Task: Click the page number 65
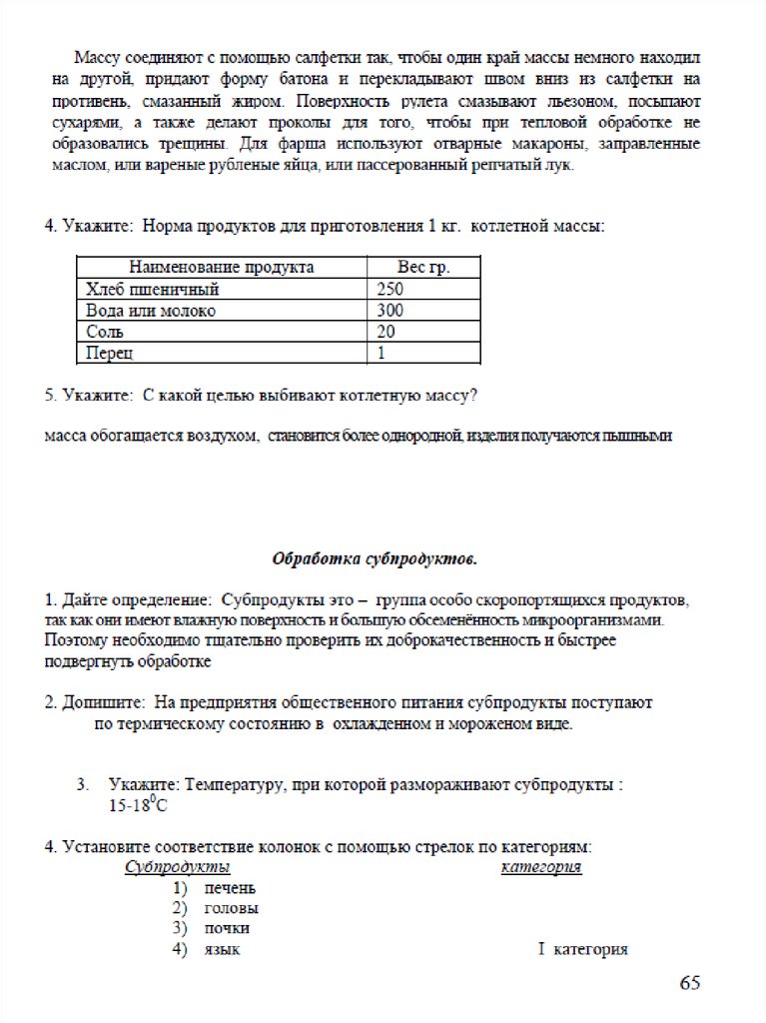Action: pos(690,983)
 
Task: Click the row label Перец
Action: pos(109,353)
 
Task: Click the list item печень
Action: pos(230,887)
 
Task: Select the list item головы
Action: pos(231,908)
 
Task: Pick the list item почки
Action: pos(227,928)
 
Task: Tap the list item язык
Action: pos(222,949)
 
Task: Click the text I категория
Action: pos(583,949)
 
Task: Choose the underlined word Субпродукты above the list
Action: pos(178,867)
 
